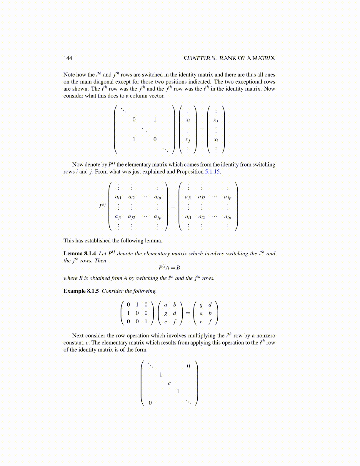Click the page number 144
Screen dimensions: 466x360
[68, 58]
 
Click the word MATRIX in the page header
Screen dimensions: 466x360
[264, 58]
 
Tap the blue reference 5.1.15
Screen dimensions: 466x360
[212, 172]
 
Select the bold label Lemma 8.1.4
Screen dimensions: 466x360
[79, 254]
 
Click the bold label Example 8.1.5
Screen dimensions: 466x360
[81, 291]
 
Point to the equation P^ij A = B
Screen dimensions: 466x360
[169, 267]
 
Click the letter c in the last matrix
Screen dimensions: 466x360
[169, 383]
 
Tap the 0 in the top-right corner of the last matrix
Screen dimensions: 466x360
[189, 366]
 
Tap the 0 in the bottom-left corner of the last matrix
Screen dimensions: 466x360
[150, 403]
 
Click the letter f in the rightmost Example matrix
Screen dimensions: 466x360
[210, 322]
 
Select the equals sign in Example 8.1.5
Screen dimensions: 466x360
[188, 313]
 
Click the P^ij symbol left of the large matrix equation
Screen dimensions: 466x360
[102, 205]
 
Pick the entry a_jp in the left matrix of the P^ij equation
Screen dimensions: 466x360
[158, 217]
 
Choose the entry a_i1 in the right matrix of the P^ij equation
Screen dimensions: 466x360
[188, 217]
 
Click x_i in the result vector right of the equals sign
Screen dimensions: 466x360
[216, 140]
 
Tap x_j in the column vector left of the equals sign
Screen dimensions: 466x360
[188, 140]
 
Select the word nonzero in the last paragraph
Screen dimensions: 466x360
[266, 336]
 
